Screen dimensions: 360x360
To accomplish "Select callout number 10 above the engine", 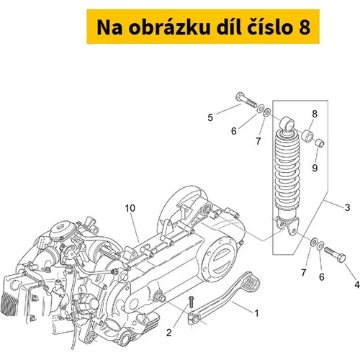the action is coord(130,208).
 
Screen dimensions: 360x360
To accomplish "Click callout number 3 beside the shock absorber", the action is coord(347,207).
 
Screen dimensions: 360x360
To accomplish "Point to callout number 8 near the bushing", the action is coord(315,114).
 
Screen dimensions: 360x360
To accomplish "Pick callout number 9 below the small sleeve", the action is coord(315,168).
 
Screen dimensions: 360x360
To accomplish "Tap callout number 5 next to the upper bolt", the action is coord(210,117).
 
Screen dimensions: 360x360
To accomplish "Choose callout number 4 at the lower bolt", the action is coord(357,284).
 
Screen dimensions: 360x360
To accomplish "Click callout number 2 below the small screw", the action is coord(169,333).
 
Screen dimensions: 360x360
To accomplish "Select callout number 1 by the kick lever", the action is coord(256,313).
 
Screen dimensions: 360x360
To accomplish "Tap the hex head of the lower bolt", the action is coord(341,258).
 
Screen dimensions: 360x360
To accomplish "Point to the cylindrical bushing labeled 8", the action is coord(307,136).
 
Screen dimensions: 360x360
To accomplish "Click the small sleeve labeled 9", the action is coord(320,143).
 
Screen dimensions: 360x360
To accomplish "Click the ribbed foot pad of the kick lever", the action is coord(251,282).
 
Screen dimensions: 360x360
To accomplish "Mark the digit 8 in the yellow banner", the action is coord(305,27).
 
